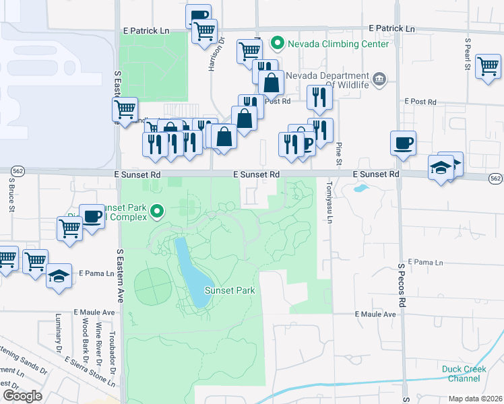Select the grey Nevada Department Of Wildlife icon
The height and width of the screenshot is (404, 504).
click(379, 79)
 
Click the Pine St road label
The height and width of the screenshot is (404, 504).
click(339, 151)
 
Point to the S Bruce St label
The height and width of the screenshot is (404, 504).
click(11, 195)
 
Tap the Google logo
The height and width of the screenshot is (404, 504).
click(22, 396)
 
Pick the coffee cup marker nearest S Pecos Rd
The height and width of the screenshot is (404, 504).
click(403, 143)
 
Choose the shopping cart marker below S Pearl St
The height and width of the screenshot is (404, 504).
click(488, 67)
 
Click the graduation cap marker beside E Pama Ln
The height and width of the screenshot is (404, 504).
click(59, 276)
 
